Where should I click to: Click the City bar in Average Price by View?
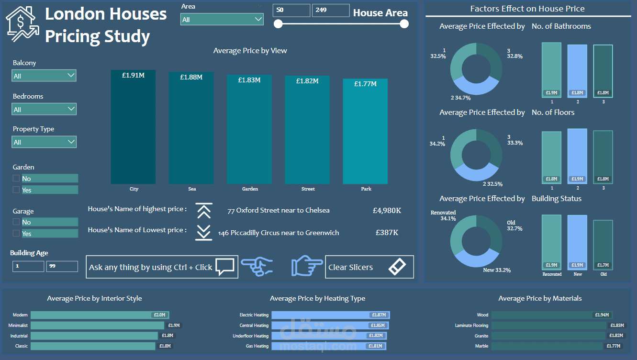(x=133, y=127)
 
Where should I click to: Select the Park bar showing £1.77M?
(x=365, y=132)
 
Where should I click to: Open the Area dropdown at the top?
(x=222, y=20)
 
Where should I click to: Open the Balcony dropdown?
(x=44, y=76)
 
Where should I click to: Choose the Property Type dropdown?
(x=44, y=142)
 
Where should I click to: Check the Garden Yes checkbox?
(x=16, y=190)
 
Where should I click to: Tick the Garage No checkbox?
(x=16, y=222)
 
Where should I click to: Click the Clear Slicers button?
(x=369, y=267)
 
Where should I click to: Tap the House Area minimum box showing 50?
(x=291, y=10)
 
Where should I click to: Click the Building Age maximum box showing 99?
(x=62, y=266)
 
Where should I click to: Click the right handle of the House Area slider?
(x=404, y=24)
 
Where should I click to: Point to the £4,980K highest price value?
(x=387, y=210)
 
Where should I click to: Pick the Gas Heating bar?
(x=328, y=346)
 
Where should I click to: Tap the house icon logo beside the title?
(x=22, y=24)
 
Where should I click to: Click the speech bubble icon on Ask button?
(x=224, y=267)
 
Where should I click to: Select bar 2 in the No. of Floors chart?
(x=577, y=156)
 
